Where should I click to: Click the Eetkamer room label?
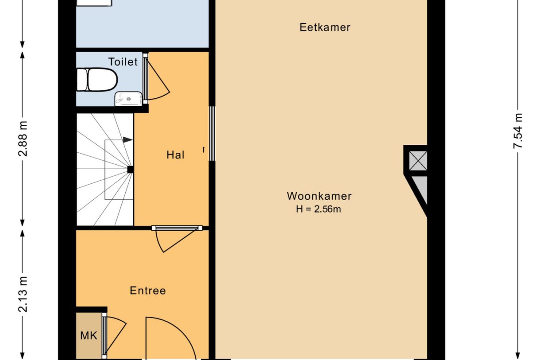point(325,27)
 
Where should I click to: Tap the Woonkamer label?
point(319,196)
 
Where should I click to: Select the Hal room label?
point(175,155)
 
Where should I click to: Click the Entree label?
point(148,291)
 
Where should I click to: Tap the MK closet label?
point(89,335)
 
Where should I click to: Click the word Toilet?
point(123,62)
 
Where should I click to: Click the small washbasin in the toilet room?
point(128,98)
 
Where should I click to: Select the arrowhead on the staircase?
point(127,140)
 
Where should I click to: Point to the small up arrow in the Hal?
point(204,150)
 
